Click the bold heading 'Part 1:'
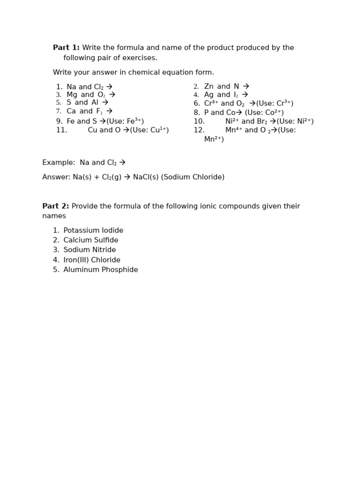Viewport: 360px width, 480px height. [x=66, y=48]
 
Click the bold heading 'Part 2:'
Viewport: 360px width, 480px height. [x=55, y=206]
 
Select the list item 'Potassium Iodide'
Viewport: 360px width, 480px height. [x=93, y=231]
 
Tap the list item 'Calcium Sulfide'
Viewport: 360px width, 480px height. [x=91, y=240]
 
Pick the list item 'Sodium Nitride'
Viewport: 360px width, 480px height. [x=90, y=250]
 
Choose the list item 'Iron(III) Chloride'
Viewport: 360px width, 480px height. [x=92, y=260]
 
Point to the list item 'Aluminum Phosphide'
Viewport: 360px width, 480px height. [x=101, y=270]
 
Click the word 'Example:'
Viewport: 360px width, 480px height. [x=59, y=163]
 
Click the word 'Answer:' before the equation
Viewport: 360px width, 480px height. [x=56, y=177]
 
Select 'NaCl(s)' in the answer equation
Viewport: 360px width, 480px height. [x=146, y=177]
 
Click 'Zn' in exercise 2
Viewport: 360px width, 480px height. [x=209, y=87]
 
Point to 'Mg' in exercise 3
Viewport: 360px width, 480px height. [x=72, y=95]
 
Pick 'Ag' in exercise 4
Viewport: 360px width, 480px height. [x=209, y=95]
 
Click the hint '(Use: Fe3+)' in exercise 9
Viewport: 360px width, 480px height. [x=125, y=121]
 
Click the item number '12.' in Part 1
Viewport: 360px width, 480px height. [x=199, y=130]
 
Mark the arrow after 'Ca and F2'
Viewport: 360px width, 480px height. [x=109, y=112]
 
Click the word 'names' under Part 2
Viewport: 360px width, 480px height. [x=54, y=216]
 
